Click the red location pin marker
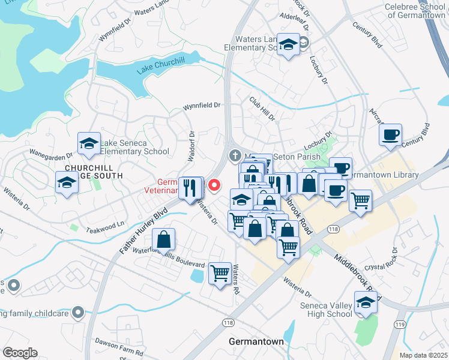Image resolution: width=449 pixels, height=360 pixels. click(213, 187)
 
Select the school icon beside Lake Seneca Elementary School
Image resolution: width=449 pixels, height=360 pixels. click(89, 144)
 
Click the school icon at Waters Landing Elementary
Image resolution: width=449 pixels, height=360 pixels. click(289, 44)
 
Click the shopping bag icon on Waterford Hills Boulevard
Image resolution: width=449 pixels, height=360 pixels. click(163, 240)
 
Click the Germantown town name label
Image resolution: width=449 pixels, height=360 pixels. click(256, 341)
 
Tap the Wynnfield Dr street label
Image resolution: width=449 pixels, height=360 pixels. click(202, 106)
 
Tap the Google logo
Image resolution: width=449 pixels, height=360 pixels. click(20, 352)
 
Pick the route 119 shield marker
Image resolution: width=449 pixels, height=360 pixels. click(399, 324)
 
